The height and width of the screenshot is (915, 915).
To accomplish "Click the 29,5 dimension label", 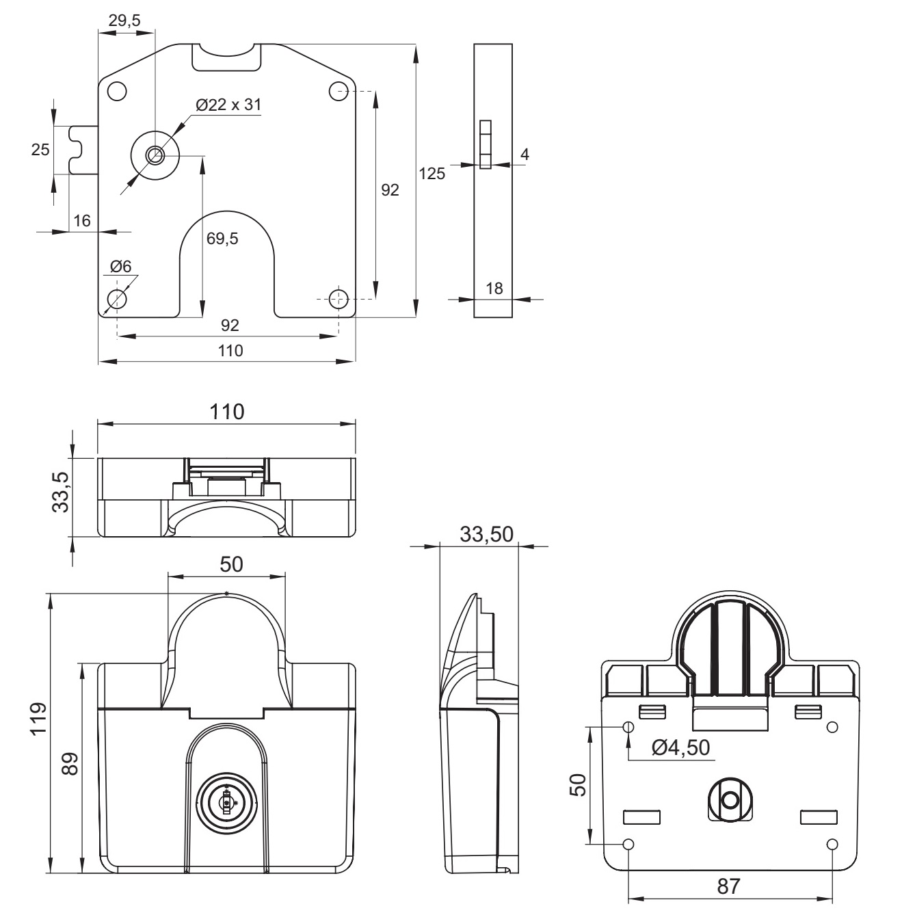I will click(124, 21).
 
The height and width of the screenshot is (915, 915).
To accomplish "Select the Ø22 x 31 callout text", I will click(228, 105).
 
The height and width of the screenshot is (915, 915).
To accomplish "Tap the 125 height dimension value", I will click(432, 173).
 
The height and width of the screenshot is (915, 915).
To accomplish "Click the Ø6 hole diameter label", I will click(120, 267).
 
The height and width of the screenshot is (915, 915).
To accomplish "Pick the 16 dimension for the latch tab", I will click(81, 220).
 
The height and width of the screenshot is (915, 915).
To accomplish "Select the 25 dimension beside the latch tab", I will click(41, 150).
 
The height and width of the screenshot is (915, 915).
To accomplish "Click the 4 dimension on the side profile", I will click(525, 155).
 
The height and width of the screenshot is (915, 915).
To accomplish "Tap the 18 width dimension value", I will click(493, 288).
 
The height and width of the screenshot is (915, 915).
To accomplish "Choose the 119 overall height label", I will click(38, 717).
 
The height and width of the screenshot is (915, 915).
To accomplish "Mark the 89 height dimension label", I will click(70, 763).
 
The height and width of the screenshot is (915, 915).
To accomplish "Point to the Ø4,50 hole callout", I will click(681, 747).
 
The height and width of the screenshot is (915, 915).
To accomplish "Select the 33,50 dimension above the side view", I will click(486, 534).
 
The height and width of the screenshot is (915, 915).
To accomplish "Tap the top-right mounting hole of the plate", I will click(339, 90).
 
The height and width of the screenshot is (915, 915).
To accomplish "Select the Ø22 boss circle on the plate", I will click(155, 155).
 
